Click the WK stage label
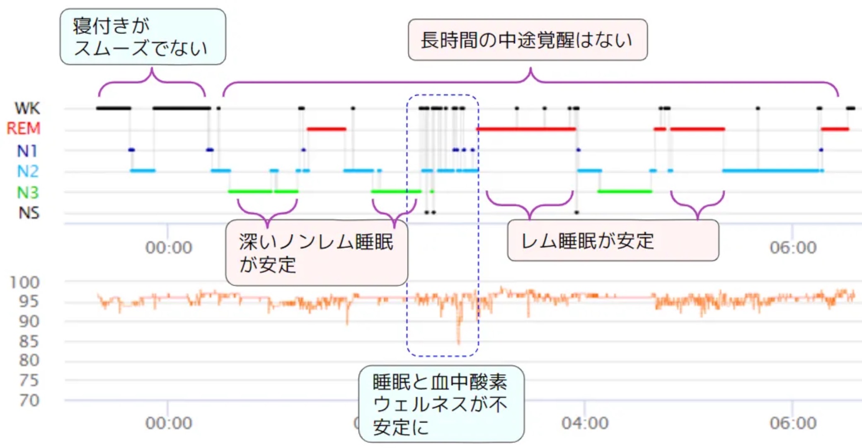pyautogui.click(x=27, y=108)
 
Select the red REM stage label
pyautogui.click(x=24, y=129)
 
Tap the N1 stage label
pyautogui.click(x=27, y=151)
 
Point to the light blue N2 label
pyautogui.click(x=28, y=171)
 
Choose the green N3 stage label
pyautogui.click(x=28, y=192)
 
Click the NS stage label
pyautogui.click(x=29, y=213)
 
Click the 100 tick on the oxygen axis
pyautogui.click(x=24, y=282)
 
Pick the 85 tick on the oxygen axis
pyautogui.click(x=29, y=341)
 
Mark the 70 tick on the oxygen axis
pyautogui.click(x=29, y=400)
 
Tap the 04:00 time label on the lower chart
pyautogui.click(x=585, y=423)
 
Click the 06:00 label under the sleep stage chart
pyautogui.click(x=793, y=248)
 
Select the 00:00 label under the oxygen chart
pyautogui.click(x=169, y=423)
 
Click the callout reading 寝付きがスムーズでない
pyautogui.click(x=143, y=37)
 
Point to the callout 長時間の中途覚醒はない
pyautogui.click(x=528, y=40)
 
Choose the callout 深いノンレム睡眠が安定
pyautogui.click(x=317, y=253)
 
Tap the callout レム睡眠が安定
pyautogui.click(x=613, y=240)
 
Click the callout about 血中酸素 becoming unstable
pyautogui.click(x=441, y=404)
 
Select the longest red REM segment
pyautogui.click(x=526, y=129)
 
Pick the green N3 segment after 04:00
pyautogui.click(x=625, y=191)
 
